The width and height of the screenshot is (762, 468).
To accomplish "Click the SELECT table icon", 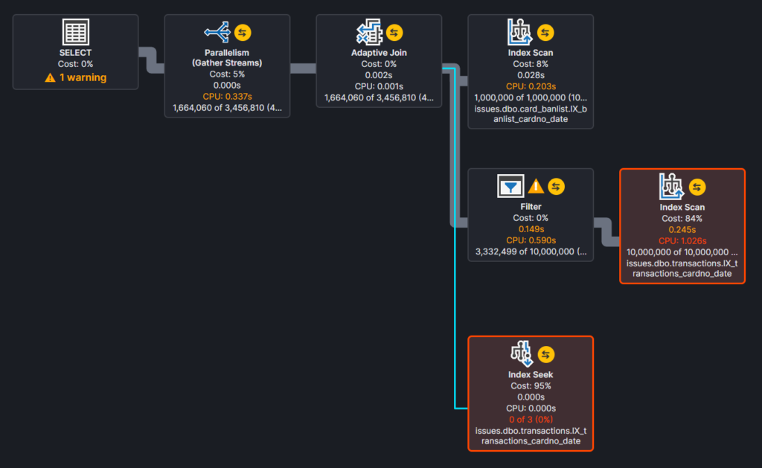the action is [75, 31].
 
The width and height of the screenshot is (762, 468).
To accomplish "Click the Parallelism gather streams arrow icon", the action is [217, 32].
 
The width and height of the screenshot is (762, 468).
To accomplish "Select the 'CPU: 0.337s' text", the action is [227, 96].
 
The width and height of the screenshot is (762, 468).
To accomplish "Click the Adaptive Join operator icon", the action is [369, 32].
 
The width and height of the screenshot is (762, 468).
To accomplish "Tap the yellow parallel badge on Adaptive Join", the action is [394, 33].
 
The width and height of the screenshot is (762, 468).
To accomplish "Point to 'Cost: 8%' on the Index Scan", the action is [530, 64].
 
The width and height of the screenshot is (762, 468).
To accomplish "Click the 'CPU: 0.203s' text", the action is [530, 86].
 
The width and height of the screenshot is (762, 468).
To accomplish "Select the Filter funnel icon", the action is [510, 186].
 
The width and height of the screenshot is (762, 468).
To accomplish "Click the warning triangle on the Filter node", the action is [536, 186].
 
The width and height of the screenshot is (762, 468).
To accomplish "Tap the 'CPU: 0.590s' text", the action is [531, 240].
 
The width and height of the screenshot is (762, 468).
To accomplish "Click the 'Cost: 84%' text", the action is [682, 218].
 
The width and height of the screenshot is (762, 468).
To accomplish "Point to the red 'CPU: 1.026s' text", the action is [682, 240].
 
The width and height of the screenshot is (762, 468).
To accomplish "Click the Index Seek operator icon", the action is [522, 353].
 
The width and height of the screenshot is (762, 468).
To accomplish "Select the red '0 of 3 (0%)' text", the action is [531, 420].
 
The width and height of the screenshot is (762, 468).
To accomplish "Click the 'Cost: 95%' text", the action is [531, 386].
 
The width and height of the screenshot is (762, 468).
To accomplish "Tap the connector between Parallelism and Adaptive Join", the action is [304, 68].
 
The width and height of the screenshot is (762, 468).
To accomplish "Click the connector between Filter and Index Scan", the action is [606, 232].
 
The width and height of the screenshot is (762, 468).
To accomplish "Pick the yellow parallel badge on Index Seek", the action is [545, 354].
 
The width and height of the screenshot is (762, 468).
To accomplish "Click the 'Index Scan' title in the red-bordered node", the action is [682, 207].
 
